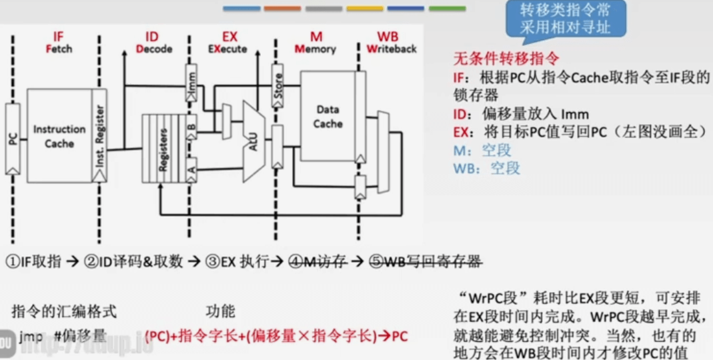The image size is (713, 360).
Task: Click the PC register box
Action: tap(12, 139)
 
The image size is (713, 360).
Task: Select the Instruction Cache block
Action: tap(59, 135)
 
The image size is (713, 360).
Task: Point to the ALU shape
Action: tap(252, 141)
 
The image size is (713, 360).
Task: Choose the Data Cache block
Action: tap(327, 117)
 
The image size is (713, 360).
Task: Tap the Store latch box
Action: tap(277, 86)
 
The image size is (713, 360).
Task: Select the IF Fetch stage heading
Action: tap(59, 42)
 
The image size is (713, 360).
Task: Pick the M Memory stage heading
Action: tap(315, 42)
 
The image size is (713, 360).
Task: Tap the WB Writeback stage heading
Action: tap(391, 42)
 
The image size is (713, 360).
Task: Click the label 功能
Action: tap(220, 311)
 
